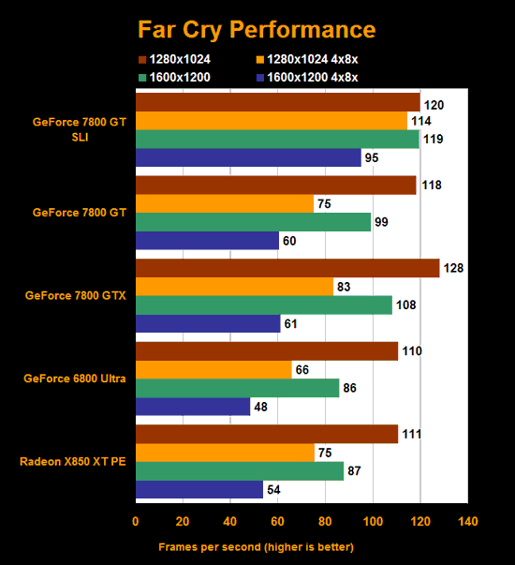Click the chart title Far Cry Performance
(257, 30)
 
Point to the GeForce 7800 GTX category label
(80, 296)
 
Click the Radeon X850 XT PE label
(80, 461)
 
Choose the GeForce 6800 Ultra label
(80, 379)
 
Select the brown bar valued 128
(287, 268)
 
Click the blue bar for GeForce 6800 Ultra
(193, 407)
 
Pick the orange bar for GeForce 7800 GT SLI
(272, 121)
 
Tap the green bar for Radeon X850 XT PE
(240, 470)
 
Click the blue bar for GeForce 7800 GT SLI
(248, 158)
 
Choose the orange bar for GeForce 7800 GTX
(234, 287)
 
